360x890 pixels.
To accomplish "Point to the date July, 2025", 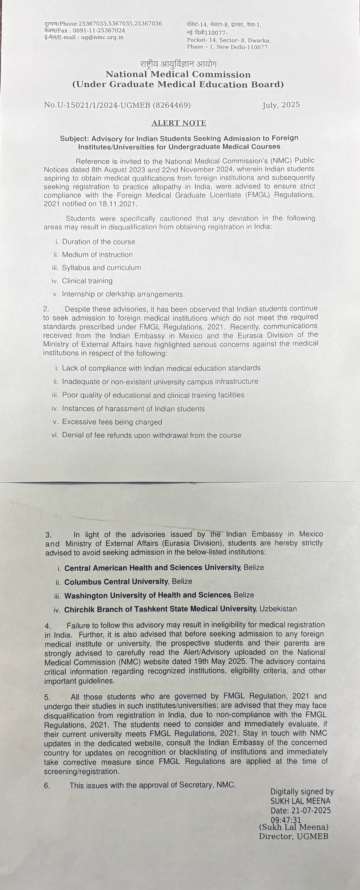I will (x=281, y=105).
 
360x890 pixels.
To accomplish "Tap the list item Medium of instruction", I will (x=97, y=255).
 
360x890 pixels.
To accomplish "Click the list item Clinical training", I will (x=87, y=281).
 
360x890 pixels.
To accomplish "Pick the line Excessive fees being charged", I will (x=112, y=422).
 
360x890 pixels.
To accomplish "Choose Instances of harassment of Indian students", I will (x=133, y=409).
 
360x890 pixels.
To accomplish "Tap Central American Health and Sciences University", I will (x=152, y=568).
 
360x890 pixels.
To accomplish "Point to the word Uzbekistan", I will (x=278, y=609).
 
